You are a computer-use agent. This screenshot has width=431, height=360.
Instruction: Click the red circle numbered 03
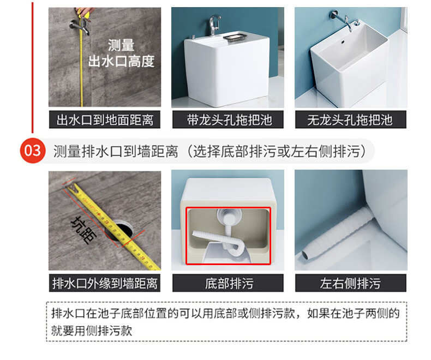tap(32, 151)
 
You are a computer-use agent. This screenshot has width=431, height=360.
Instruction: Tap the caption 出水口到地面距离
tap(105, 120)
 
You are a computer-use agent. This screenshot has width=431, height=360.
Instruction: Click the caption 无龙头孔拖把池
tap(350, 120)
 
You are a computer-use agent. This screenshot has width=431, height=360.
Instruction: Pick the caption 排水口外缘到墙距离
tap(105, 283)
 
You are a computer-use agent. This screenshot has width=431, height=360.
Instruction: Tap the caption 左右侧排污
tap(350, 283)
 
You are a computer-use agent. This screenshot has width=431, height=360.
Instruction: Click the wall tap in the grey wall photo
tap(80, 27)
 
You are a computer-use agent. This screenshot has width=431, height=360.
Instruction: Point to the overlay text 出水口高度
tap(121, 61)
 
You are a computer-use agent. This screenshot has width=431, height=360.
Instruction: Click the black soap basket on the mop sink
tap(235, 38)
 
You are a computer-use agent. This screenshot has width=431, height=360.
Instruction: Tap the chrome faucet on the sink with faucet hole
tap(214, 25)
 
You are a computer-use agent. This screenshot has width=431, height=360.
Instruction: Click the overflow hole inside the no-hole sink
tap(343, 42)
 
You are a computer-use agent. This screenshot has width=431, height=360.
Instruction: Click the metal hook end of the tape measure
tap(70, 188)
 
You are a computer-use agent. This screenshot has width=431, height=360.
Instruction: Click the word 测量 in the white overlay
tap(121, 45)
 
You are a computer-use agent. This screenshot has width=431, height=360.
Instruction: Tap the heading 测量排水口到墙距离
tap(116, 151)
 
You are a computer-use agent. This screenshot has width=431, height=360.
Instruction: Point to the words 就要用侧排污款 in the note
tap(92, 331)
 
